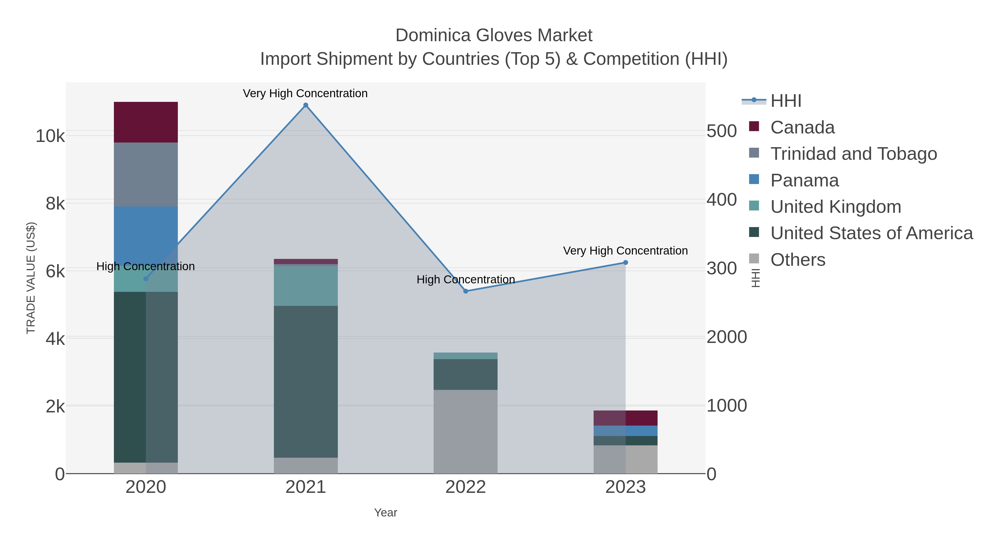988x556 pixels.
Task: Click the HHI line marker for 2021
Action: tap(306, 105)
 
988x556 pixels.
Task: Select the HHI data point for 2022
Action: tap(466, 291)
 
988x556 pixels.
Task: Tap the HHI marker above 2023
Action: tap(625, 262)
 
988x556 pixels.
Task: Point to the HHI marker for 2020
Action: tap(146, 279)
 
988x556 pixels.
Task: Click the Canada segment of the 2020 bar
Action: tap(146, 122)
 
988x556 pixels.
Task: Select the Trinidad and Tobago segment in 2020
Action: tap(146, 175)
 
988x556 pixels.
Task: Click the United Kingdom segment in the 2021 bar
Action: tap(306, 286)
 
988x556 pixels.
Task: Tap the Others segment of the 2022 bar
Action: tap(466, 432)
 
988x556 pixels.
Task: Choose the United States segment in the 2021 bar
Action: tap(306, 382)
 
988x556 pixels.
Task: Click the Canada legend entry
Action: tap(802, 127)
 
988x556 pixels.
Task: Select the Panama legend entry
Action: tap(804, 180)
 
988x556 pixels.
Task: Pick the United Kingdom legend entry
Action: tap(835, 207)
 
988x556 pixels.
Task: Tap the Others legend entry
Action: tap(798, 260)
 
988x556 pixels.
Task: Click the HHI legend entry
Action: tap(785, 101)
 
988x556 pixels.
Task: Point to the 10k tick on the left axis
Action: tap(50, 136)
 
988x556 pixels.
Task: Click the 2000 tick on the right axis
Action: tap(726, 337)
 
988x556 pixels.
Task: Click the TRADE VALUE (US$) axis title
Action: tap(31, 278)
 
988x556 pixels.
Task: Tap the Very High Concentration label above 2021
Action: tap(305, 93)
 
